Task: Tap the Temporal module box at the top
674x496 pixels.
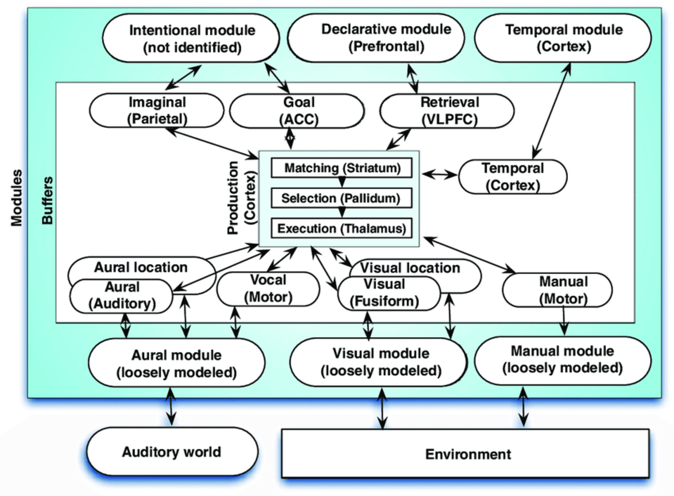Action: tap(563, 38)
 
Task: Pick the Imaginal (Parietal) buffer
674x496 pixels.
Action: tap(156, 111)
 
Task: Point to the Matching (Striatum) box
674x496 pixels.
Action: tap(341, 168)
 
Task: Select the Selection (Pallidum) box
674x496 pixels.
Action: tap(341, 198)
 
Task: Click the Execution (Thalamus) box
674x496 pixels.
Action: tap(341, 228)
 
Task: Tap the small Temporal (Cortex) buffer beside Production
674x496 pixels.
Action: tap(513, 177)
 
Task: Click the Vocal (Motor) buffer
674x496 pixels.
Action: tap(268, 289)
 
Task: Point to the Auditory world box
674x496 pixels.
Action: tap(172, 451)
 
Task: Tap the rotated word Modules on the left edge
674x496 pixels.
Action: tap(16, 198)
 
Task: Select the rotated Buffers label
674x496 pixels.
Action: tap(47, 200)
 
